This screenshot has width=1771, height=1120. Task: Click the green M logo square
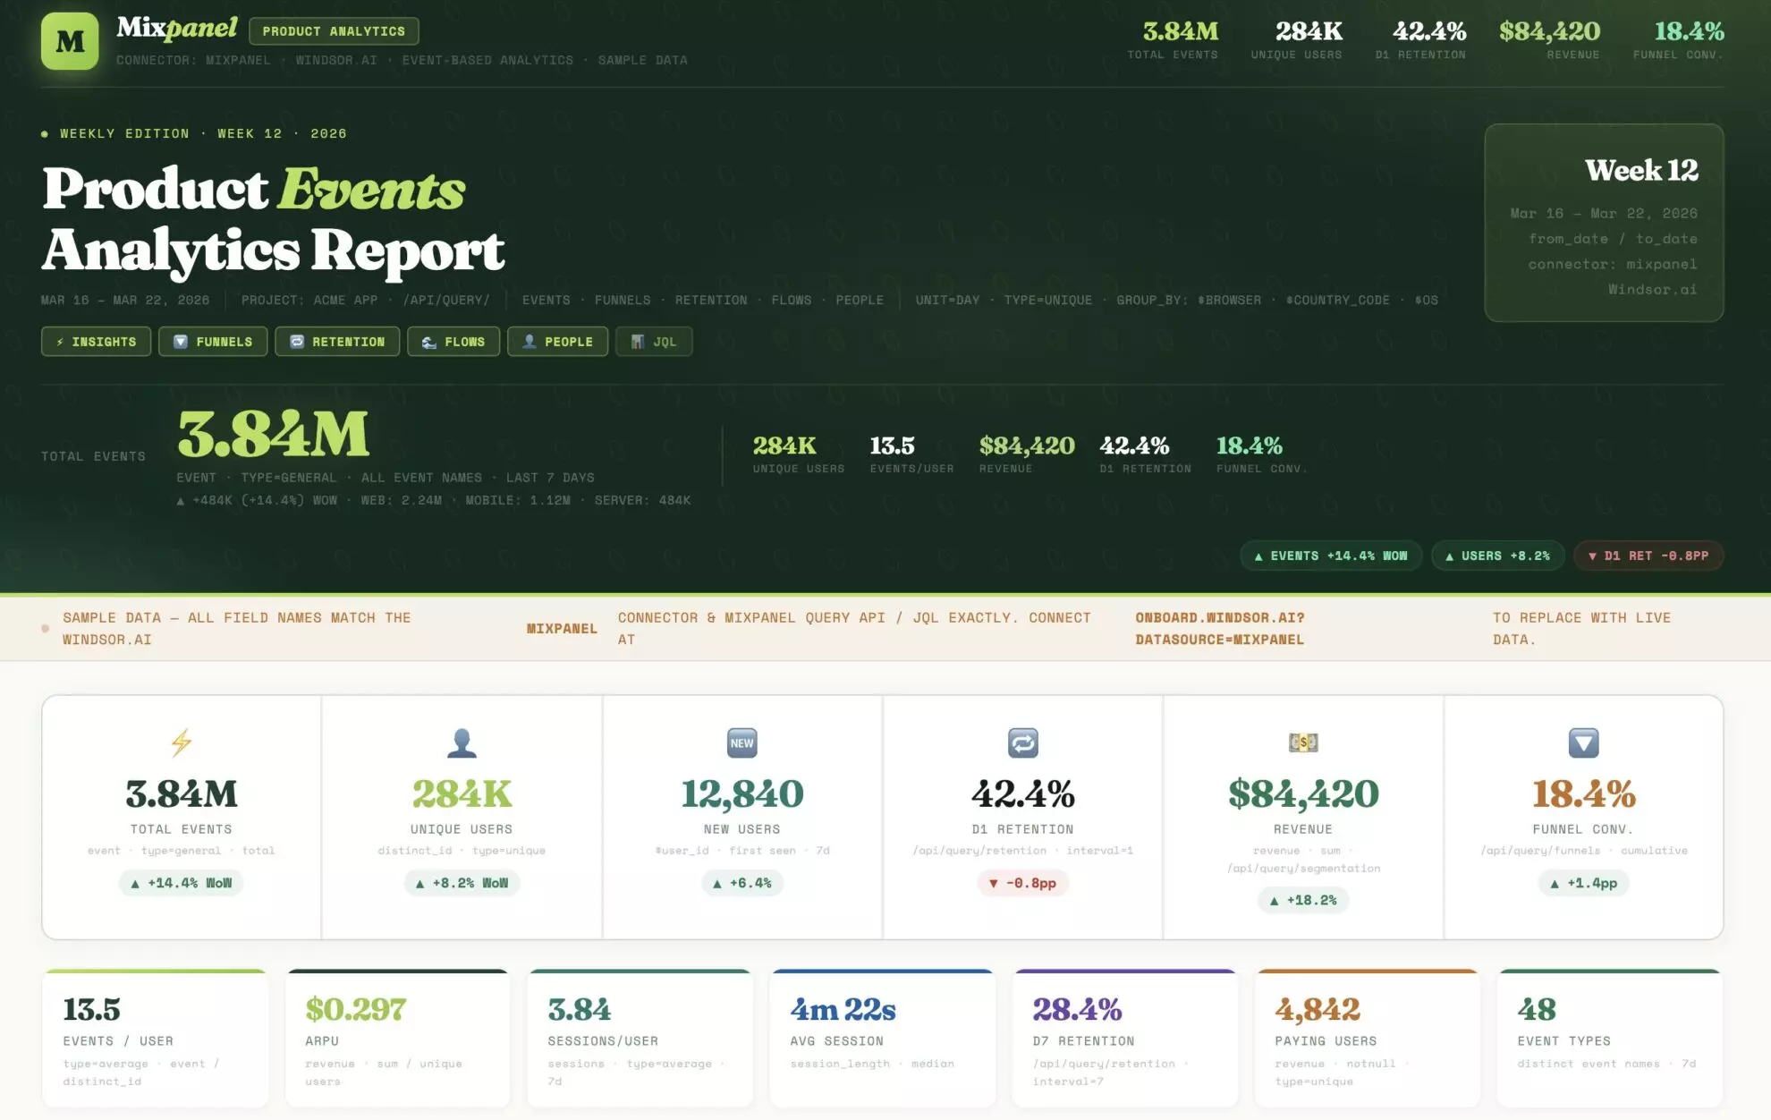tap(70, 41)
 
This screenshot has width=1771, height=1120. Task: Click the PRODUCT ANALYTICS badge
tap(334, 31)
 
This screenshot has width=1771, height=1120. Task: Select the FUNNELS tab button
tap(213, 342)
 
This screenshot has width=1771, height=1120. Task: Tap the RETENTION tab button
tap(337, 342)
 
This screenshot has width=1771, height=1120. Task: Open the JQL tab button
tap(653, 342)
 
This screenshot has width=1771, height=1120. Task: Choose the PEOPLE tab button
tap(557, 342)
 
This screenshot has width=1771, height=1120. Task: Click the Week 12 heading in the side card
tap(1640, 170)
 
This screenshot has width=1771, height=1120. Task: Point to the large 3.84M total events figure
tap(273, 435)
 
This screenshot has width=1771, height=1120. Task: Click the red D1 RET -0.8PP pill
tap(1648, 556)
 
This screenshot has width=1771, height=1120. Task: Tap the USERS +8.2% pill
tap(1497, 556)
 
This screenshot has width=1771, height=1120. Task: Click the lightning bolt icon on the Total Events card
tap(182, 742)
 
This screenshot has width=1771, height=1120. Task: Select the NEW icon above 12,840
tap(741, 742)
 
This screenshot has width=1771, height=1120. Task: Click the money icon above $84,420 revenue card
tap(1303, 742)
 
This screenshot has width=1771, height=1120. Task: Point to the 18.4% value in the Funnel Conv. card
tap(1583, 793)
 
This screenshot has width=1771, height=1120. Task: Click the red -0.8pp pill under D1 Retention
tap(1022, 883)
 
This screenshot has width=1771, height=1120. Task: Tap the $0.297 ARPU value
tap(356, 1009)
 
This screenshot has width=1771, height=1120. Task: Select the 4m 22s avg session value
tap(843, 1009)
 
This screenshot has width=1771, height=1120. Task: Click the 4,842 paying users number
tap(1317, 1009)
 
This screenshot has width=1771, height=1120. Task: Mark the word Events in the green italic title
tap(371, 190)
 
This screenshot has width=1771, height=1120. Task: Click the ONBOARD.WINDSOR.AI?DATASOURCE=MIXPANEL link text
tap(1219, 629)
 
